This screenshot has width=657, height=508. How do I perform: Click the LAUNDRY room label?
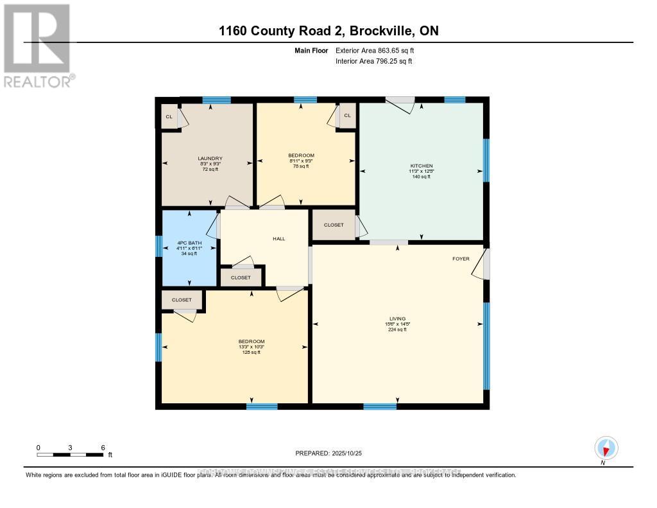210,159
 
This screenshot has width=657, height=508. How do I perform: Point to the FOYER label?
461,259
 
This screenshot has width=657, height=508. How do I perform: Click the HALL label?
278,238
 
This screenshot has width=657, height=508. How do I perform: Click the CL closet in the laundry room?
169,117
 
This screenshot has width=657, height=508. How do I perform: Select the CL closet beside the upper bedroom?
347,116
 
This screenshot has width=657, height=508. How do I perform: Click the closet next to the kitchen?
334,225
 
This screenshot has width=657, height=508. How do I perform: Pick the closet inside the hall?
241,277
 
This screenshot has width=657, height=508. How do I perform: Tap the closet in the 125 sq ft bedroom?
182,300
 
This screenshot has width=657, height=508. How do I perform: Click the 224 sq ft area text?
398,329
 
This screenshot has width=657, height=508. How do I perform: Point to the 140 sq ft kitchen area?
421,177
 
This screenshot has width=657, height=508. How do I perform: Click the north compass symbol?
606,447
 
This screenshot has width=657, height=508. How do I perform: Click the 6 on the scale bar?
103,447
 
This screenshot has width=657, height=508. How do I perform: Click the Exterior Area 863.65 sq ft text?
379,50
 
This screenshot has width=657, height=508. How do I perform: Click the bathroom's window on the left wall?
158,247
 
